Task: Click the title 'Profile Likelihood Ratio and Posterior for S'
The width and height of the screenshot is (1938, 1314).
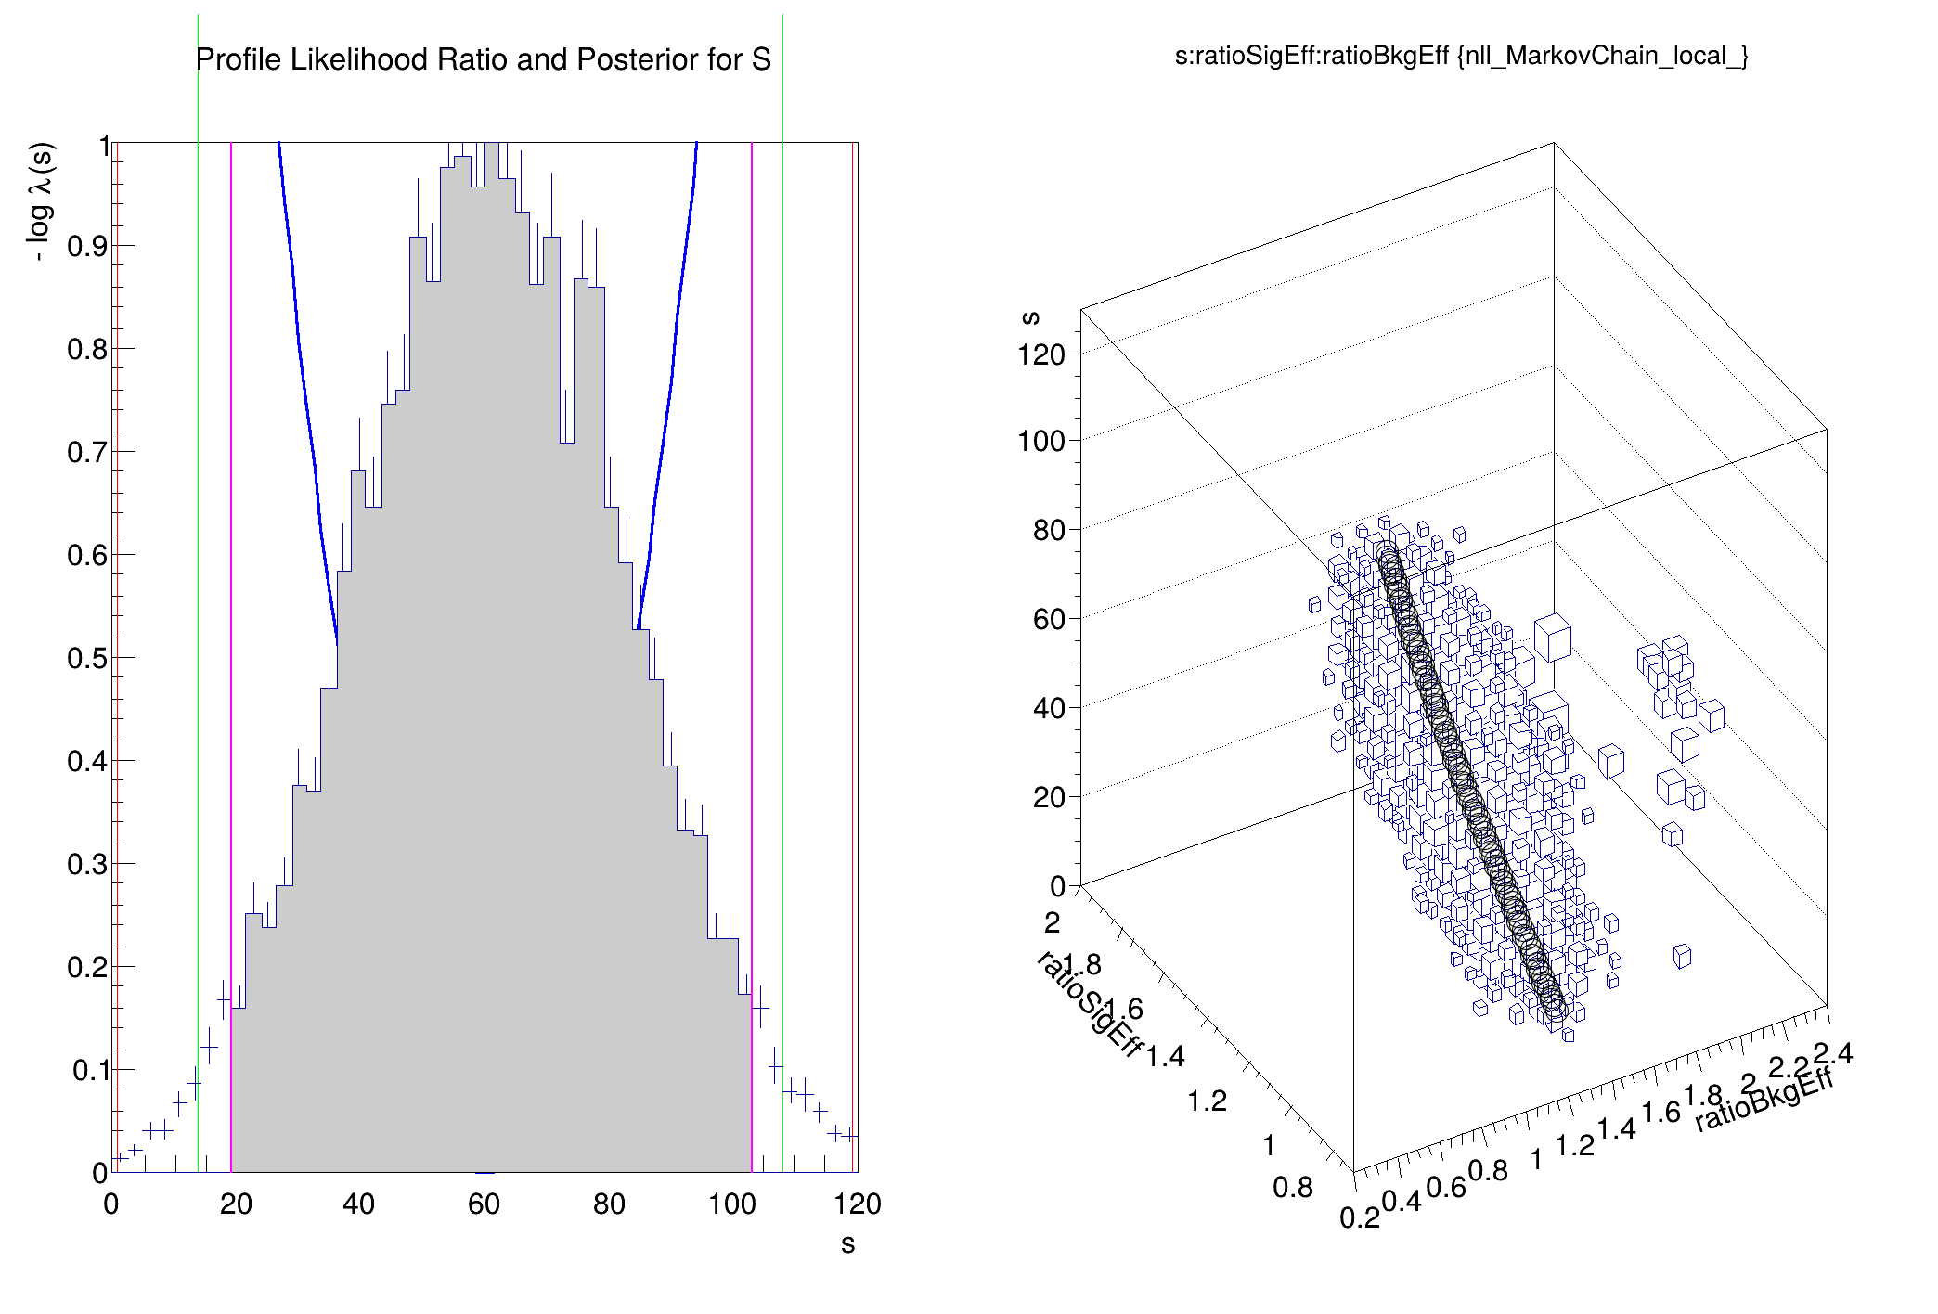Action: point(483,59)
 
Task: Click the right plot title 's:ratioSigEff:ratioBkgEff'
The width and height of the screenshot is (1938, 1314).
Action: point(1461,56)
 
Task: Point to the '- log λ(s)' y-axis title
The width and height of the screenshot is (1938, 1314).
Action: point(41,201)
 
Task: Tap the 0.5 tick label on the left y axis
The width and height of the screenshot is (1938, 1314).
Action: point(87,658)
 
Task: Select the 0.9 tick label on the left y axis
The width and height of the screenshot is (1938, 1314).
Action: point(87,246)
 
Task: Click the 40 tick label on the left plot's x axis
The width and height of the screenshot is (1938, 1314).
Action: point(358,1204)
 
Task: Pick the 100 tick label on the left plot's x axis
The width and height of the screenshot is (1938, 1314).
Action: point(731,1204)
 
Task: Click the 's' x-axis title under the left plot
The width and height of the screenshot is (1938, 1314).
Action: point(847,1244)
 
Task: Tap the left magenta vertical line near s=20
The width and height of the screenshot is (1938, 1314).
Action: point(231,650)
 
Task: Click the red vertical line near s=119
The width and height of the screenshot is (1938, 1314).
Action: point(852,650)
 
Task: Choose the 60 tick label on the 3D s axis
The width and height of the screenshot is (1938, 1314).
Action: point(1049,619)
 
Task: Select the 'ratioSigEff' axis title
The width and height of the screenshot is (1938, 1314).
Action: point(1088,1003)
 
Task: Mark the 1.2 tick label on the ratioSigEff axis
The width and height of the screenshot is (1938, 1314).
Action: point(1207,1101)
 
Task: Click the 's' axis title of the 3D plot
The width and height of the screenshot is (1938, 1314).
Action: point(1029,317)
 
